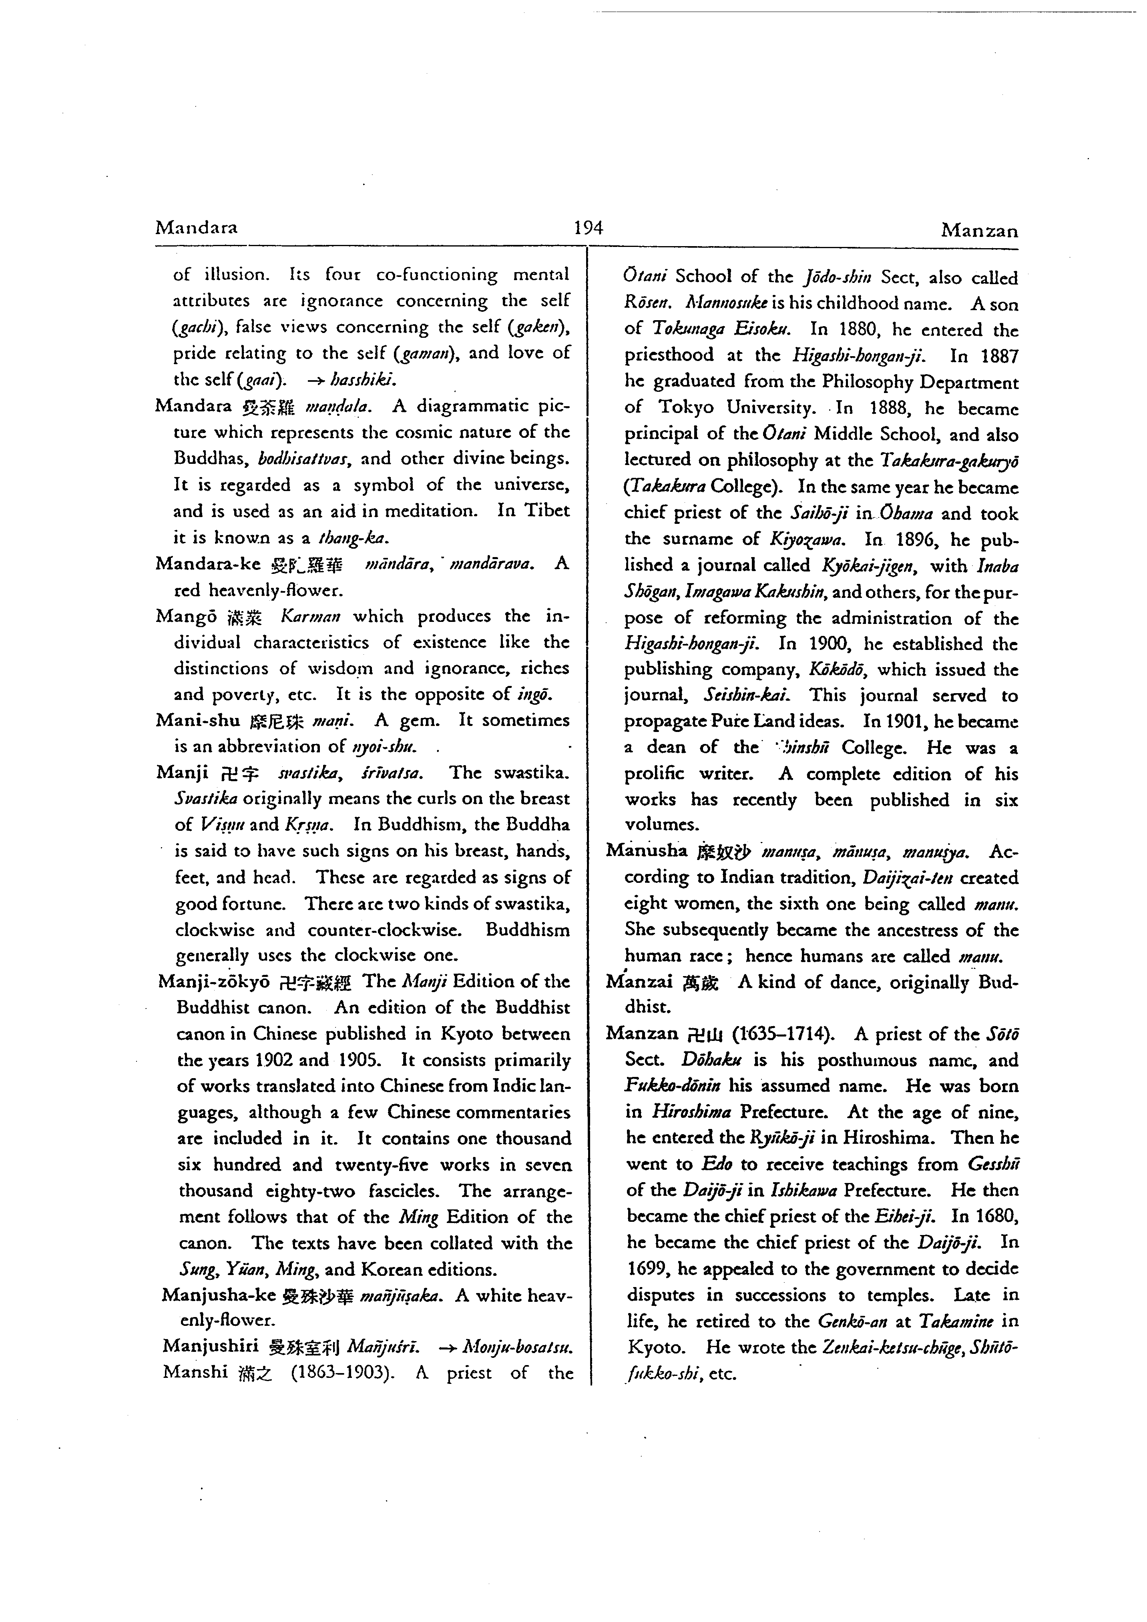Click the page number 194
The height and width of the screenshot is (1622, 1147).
(x=588, y=227)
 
